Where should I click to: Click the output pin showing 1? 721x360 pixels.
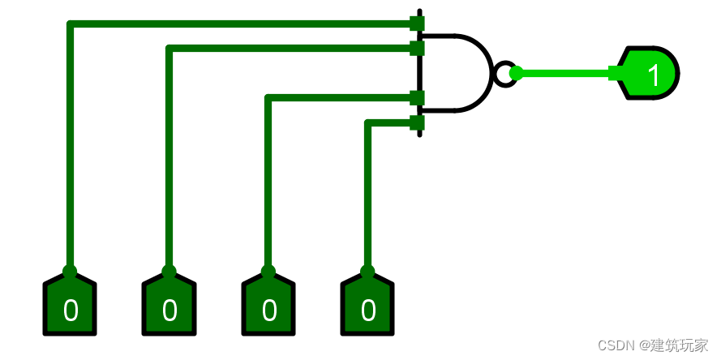point(650,74)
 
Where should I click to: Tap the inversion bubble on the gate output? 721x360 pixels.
point(504,74)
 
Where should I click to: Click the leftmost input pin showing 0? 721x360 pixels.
point(70,307)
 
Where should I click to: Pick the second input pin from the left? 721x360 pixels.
point(169,307)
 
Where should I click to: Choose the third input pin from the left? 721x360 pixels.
point(268,307)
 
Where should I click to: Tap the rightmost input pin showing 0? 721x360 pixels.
point(367,307)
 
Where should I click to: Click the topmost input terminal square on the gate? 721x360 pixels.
point(418,23)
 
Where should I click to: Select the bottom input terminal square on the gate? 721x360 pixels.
point(418,123)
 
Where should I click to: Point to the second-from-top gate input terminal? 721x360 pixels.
point(418,49)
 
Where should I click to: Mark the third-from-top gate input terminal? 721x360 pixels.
point(418,98)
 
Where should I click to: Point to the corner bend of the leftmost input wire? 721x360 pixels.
point(71,24)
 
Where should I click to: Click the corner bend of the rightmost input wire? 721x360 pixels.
point(368,124)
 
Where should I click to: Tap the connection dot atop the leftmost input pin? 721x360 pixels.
point(70,271)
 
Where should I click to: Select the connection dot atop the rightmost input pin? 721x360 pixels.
point(367,271)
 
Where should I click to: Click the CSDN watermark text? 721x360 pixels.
point(616,345)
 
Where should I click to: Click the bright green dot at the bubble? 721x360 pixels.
point(516,73)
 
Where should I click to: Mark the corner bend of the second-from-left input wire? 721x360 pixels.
point(170,49)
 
